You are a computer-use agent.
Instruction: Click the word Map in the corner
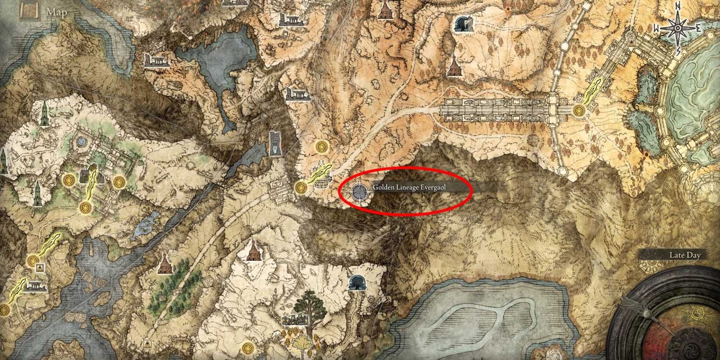(57, 12)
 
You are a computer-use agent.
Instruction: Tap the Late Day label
(685, 255)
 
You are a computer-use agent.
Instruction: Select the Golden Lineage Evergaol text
(409, 187)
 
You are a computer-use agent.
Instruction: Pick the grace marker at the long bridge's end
(579, 110)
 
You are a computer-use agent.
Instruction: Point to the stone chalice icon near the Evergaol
(321, 182)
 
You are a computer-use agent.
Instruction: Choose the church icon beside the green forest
(165, 263)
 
